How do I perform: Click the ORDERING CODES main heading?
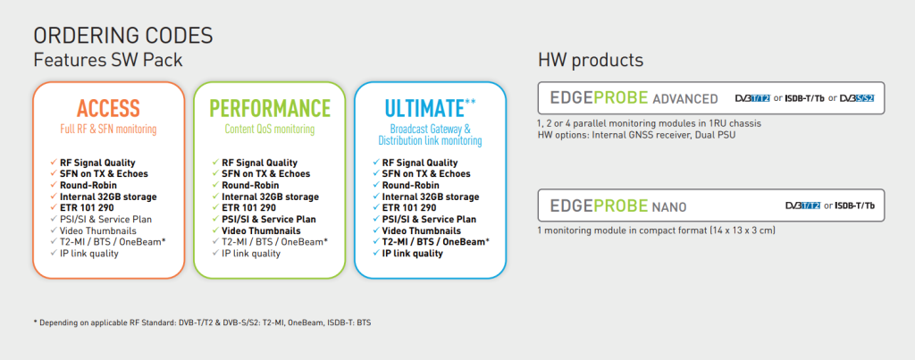coord(123,36)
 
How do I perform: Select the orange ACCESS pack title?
coord(108,108)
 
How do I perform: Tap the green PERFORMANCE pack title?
coord(270,108)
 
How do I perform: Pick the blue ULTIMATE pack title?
coord(424,108)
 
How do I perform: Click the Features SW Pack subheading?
coord(108,60)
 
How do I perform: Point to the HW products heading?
coord(591,60)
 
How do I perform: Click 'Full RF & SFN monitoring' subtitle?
coord(108,129)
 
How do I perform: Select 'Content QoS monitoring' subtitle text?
coord(270,129)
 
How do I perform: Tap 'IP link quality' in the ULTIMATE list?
coord(413,253)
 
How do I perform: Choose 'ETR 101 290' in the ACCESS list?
coord(87,208)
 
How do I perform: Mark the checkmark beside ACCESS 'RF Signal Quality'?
coord(54,163)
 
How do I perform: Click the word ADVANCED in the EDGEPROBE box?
coord(685,98)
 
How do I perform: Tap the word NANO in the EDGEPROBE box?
coord(669,206)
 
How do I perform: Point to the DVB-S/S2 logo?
coord(857,98)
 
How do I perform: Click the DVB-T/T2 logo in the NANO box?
coord(803,205)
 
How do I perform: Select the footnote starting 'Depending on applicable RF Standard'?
coord(202,322)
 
